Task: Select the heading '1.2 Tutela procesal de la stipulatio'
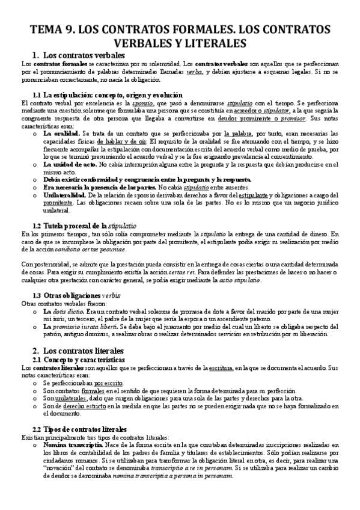[90, 225]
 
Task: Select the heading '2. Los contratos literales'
[85, 350]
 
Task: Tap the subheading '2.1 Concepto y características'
[79, 359]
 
